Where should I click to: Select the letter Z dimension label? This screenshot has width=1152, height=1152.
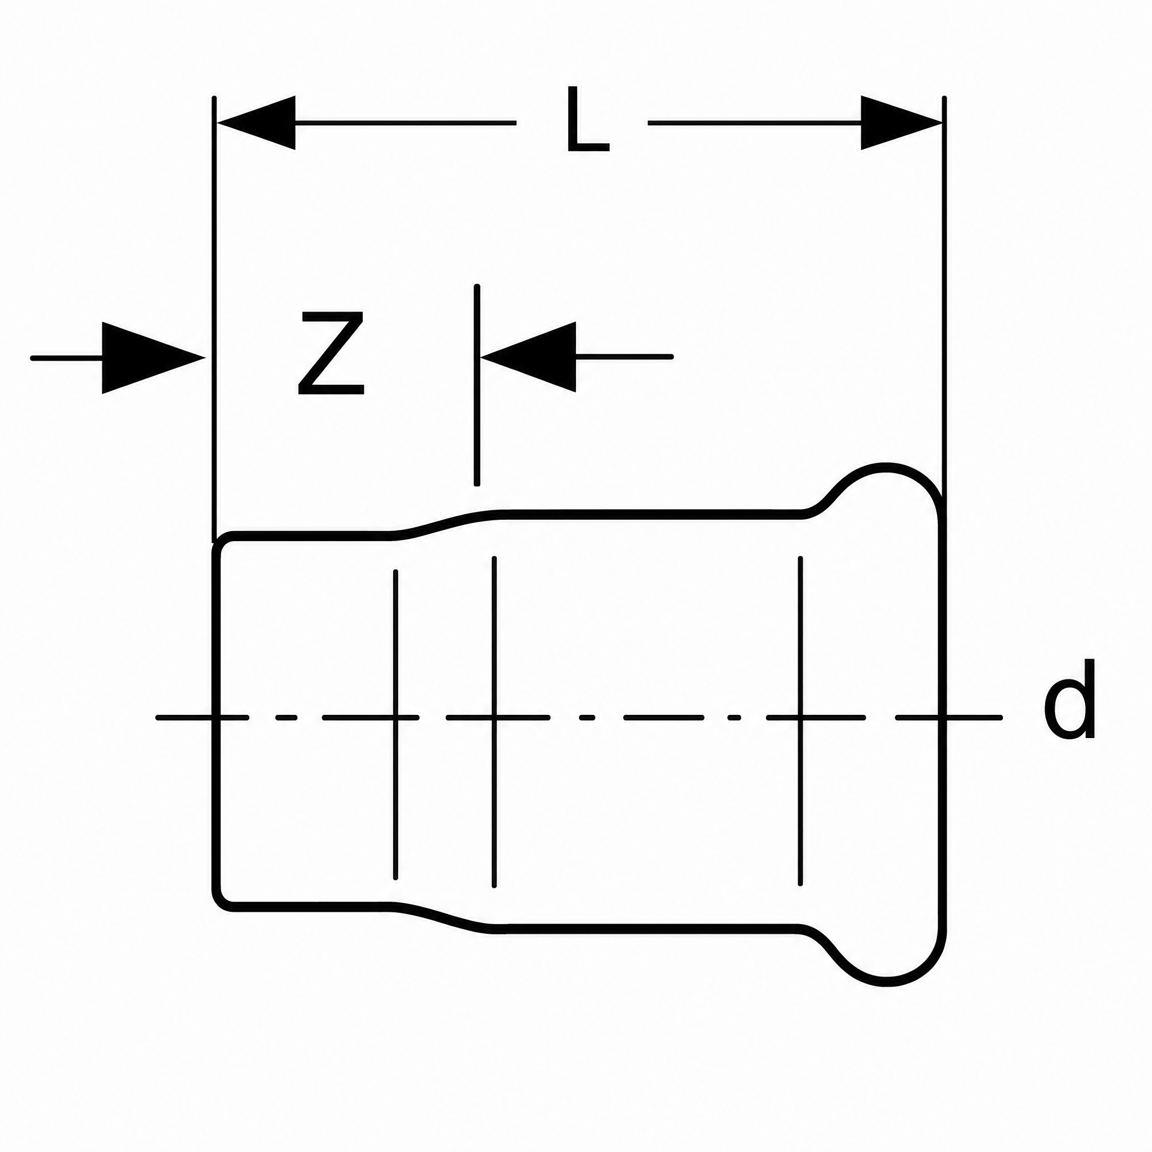pyautogui.click(x=331, y=354)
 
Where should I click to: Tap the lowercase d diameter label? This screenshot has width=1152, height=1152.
pyautogui.click(x=1070, y=698)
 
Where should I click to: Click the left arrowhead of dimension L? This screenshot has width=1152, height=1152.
pyautogui.click(x=256, y=123)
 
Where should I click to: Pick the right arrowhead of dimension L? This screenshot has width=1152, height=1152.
pyautogui.click(x=901, y=123)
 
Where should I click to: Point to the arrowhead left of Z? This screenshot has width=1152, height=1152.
pyautogui.click(x=154, y=358)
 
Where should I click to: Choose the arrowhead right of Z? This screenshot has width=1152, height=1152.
pyautogui.click(x=528, y=357)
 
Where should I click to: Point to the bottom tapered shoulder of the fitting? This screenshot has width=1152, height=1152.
pyautogui.click(x=444, y=912)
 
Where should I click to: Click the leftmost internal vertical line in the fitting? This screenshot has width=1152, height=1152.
pyautogui.click(x=395, y=724)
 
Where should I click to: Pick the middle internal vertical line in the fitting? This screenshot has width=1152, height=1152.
pyautogui.click(x=494, y=722)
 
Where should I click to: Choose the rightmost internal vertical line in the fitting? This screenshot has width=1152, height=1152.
pyautogui.click(x=800, y=721)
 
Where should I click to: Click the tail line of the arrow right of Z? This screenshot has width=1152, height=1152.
pyautogui.click(x=624, y=357)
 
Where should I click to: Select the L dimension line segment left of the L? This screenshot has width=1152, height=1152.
pyautogui.click(x=405, y=123)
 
